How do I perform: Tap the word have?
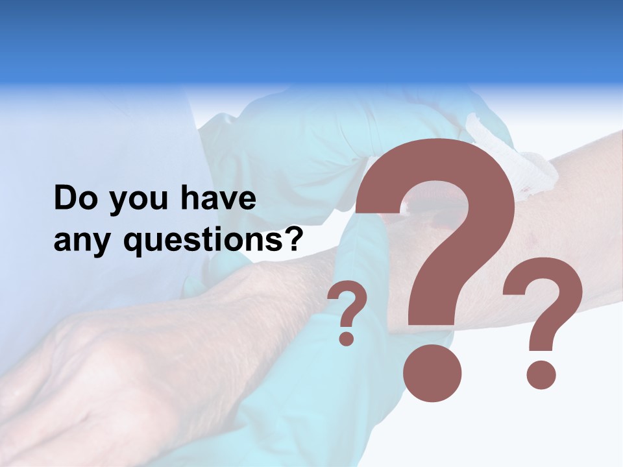click(218, 198)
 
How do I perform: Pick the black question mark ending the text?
click(295, 239)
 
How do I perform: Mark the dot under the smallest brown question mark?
click(347, 338)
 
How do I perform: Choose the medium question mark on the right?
click(543, 305)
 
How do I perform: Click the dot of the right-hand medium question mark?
click(541, 375)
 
